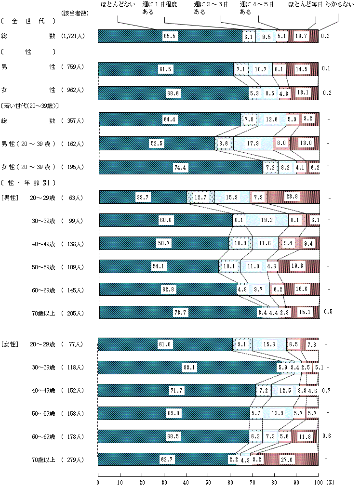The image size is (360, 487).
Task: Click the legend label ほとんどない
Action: [114, 5]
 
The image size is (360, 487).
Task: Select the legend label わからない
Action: [338, 5]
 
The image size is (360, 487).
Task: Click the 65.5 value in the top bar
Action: [169, 36]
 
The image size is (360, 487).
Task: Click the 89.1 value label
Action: [189, 368]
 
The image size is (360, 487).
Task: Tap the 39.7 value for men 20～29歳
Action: [142, 197]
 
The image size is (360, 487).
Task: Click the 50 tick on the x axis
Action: [208, 482]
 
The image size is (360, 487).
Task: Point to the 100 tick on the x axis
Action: [318, 482]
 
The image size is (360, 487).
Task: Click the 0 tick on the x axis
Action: [98, 482]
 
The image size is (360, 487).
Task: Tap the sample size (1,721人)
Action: [73, 36]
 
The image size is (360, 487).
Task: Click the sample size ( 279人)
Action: [73, 460]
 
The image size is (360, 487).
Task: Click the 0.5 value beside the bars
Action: [328, 311]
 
